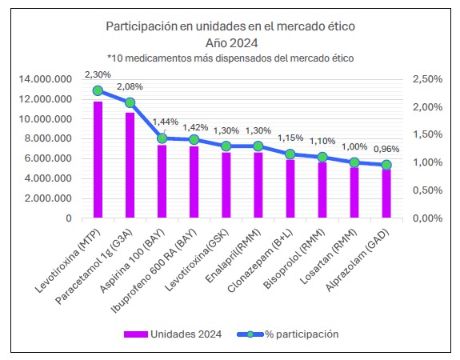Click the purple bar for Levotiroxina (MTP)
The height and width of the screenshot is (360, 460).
pos(98,160)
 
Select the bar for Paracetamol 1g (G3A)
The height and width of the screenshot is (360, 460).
pos(130,165)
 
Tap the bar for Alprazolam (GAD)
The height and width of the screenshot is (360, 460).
pos(386,194)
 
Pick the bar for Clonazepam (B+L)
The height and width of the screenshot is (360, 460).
pos(290,189)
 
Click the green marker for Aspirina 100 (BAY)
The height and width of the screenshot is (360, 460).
pos(162,138)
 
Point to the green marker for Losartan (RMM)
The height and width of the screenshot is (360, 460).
pos(354,162)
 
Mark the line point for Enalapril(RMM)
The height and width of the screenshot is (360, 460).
pos(258,146)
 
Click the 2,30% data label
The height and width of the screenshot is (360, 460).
pos(98,75)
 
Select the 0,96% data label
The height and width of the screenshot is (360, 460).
pos(386,149)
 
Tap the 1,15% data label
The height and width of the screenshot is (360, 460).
pos(290,138)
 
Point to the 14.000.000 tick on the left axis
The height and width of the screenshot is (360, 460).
pos(45,79)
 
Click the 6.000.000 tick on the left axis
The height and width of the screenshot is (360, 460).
pos(48,158)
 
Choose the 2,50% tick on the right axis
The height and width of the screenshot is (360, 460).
pos(427,79)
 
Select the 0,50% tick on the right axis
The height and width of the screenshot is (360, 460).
pos(427,190)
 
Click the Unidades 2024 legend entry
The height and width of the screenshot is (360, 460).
pos(173,334)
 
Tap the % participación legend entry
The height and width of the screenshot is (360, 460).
pos(288,334)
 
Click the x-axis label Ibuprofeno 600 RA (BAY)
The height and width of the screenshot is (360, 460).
pos(154,271)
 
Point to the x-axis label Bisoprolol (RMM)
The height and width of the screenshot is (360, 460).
pos(294,258)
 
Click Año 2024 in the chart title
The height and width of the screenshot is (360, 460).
pos(231,43)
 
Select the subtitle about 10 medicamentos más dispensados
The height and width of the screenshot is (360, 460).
pos(230,58)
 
